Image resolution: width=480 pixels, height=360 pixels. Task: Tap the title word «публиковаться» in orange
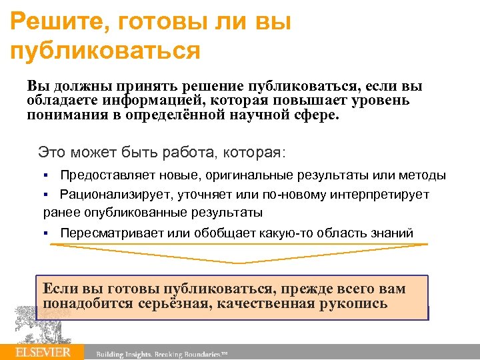[x=106, y=51]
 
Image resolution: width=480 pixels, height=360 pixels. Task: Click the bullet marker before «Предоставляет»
[x=46, y=176]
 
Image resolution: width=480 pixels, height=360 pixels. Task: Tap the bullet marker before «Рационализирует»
[x=46, y=195]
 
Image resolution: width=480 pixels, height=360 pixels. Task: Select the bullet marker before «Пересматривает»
[x=46, y=233]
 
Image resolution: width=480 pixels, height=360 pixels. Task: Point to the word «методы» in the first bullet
[x=422, y=175]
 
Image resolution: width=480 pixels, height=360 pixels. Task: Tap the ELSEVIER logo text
[x=43, y=352]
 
